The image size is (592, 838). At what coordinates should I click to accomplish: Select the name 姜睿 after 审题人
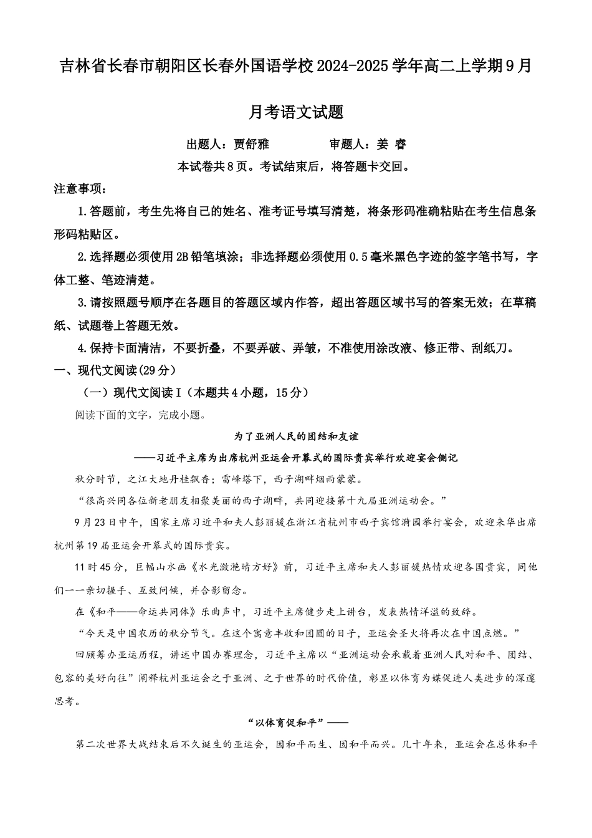click(x=392, y=144)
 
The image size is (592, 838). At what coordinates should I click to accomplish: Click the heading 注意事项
click(x=80, y=189)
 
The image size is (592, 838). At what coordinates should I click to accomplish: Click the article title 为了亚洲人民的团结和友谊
click(x=296, y=436)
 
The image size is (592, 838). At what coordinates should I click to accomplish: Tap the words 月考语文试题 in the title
click(x=296, y=112)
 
